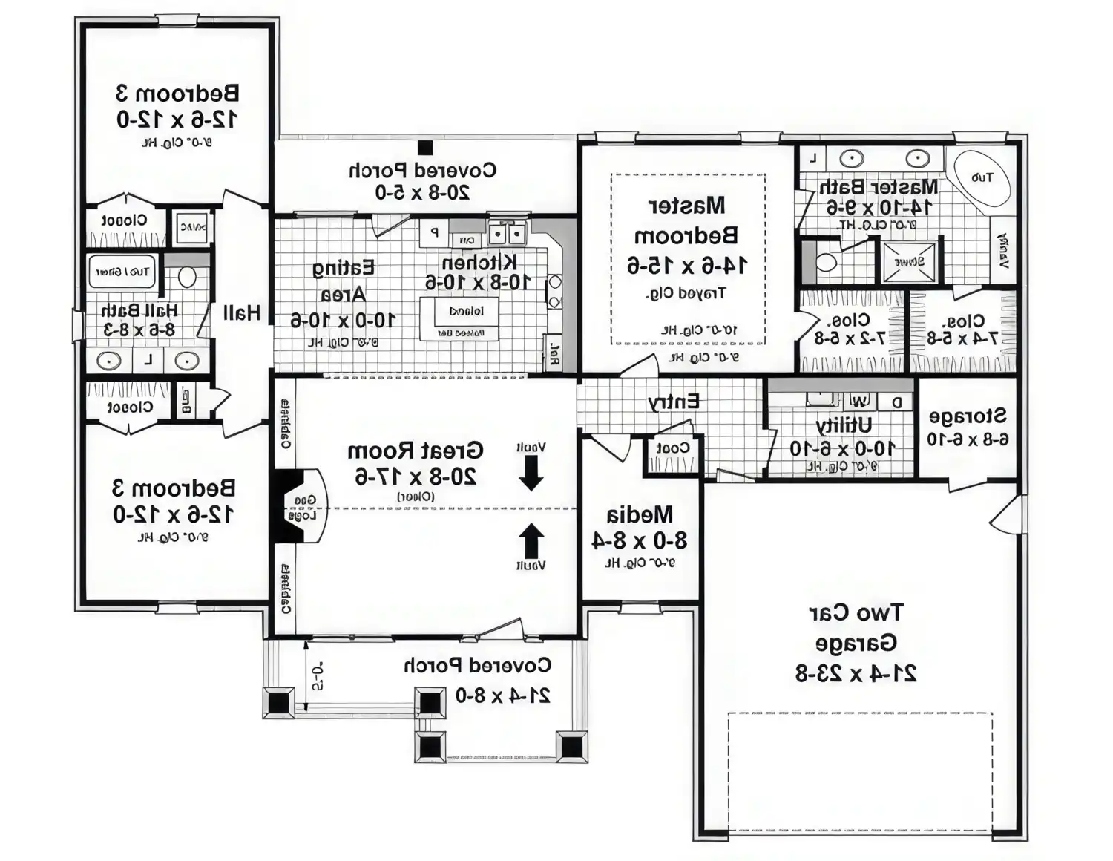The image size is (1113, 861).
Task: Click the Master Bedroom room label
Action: [687, 220]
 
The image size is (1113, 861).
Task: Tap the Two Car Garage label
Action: [856, 627]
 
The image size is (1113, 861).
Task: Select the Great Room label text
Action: [415, 451]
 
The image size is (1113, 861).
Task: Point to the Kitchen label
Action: [479, 263]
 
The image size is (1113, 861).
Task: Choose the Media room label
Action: [640, 514]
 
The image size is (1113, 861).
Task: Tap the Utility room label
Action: [844, 425]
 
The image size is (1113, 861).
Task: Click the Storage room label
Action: [968, 416]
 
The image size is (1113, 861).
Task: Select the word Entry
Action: [673, 402]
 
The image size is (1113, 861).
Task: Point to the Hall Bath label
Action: [139, 310]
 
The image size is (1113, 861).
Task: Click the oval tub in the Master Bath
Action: [981, 178]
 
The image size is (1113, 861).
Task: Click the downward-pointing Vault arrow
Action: [531, 473]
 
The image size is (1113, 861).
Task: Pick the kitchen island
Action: [465, 318]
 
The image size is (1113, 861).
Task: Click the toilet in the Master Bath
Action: [825, 262]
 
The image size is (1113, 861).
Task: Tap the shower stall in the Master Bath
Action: [910, 261]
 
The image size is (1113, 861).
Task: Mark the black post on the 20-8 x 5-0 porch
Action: [425, 148]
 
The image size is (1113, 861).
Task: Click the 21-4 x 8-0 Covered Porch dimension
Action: [502, 695]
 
